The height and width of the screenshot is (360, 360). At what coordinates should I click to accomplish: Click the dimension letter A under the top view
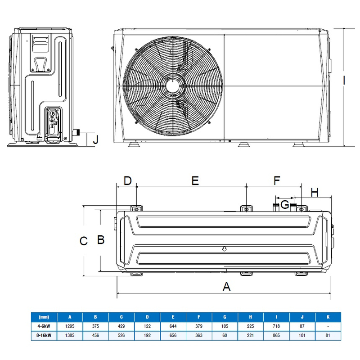[x=227, y=286]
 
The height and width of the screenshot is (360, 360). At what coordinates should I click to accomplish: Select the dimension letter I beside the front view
[x=344, y=81]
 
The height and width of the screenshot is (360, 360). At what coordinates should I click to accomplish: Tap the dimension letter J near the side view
[x=95, y=139]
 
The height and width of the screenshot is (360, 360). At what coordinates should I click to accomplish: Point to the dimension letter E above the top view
[x=195, y=180]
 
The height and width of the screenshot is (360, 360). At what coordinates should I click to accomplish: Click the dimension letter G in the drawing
[x=284, y=205]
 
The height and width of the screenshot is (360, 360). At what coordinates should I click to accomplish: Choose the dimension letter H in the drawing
[x=315, y=193]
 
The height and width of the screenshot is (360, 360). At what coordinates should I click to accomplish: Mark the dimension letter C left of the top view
[x=83, y=241]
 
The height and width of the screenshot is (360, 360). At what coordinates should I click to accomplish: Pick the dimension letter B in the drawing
[x=101, y=239]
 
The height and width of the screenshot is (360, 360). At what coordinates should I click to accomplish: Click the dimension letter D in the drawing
[x=128, y=181]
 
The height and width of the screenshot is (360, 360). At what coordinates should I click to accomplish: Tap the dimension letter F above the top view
[x=277, y=181]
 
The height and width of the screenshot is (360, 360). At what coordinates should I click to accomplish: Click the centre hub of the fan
[x=173, y=85]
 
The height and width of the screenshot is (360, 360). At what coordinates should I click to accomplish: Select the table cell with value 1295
[x=70, y=326]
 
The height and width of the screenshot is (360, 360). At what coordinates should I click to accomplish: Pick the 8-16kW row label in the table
[x=44, y=336]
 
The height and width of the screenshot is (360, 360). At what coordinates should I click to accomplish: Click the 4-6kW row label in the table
[x=44, y=326]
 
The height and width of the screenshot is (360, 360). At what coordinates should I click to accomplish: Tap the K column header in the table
[x=328, y=317]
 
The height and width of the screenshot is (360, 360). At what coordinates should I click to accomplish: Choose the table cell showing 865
[x=277, y=336]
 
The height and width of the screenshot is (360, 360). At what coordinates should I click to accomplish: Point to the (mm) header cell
[x=44, y=317]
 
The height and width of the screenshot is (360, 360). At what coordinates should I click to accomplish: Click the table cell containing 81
[x=328, y=336]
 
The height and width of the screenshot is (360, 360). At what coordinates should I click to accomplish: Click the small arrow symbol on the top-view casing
[x=224, y=248]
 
